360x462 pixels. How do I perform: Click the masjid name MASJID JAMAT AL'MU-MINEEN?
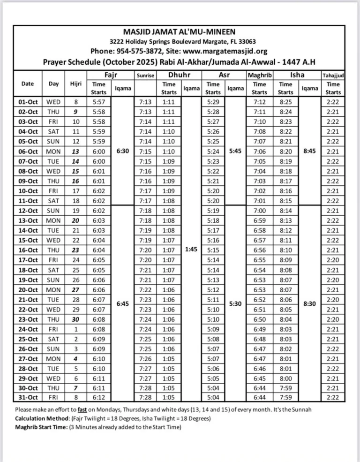[180, 32]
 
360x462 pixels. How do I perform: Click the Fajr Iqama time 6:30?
[122, 151]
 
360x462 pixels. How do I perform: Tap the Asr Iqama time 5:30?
[234, 303]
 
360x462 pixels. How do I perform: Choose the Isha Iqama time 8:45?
[309, 151]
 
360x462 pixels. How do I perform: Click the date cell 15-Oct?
[28, 240]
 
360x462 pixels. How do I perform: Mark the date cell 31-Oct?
[28, 397]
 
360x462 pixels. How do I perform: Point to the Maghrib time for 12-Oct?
[259, 210]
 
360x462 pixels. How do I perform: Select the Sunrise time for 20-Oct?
[145, 289]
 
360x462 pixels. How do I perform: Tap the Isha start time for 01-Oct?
[285, 102]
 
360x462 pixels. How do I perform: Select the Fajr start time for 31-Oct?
[99, 397]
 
